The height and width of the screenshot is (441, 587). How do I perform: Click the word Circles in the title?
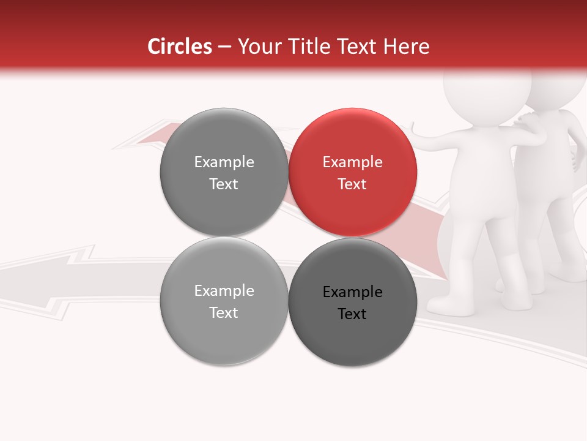click(179, 47)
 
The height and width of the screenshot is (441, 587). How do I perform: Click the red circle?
click(353, 172)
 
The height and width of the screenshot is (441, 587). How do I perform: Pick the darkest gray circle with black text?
click(353, 302)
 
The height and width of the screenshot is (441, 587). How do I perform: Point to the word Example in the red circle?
click(352, 162)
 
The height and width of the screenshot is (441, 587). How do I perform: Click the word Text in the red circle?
click(352, 184)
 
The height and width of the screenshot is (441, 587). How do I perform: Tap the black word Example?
click(352, 292)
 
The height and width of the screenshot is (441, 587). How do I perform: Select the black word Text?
click(352, 314)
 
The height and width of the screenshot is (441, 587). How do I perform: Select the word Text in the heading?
click(360, 47)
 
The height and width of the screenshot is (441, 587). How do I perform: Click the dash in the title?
click(224, 47)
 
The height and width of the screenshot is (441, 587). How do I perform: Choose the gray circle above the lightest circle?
click(224, 172)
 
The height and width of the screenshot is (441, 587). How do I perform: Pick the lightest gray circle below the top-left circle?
click(224, 301)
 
